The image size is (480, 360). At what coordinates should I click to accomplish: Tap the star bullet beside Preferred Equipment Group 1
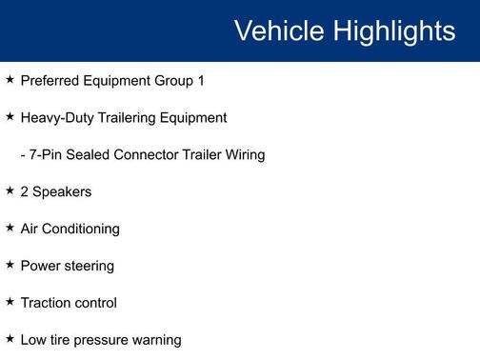tap(10, 80)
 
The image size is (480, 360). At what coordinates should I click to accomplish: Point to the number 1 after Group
tap(201, 81)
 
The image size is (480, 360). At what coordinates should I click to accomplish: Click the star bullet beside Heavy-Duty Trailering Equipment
tap(10, 117)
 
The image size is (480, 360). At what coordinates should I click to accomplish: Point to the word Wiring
tap(243, 154)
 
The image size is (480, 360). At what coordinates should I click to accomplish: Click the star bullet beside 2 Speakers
tap(10, 190)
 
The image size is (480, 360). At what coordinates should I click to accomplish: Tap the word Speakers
tap(62, 191)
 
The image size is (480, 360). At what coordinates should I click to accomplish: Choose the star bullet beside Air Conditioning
tap(10, 228)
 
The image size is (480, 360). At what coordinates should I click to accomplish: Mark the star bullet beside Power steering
tap(10, 265)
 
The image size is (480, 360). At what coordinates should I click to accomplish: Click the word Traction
tap(47, 303)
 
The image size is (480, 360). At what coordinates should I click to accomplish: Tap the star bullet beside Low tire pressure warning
tap(10, 339)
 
